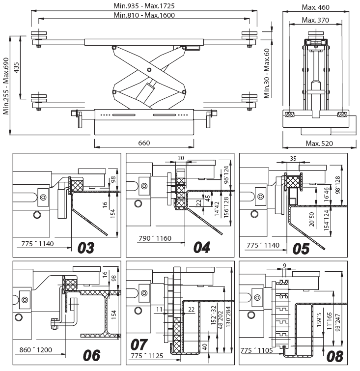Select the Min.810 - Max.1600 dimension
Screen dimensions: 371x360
144,15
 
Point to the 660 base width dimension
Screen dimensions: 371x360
144,143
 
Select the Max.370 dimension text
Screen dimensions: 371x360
315,20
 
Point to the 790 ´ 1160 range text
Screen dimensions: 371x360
155,238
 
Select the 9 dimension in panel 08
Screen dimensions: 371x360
284,265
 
